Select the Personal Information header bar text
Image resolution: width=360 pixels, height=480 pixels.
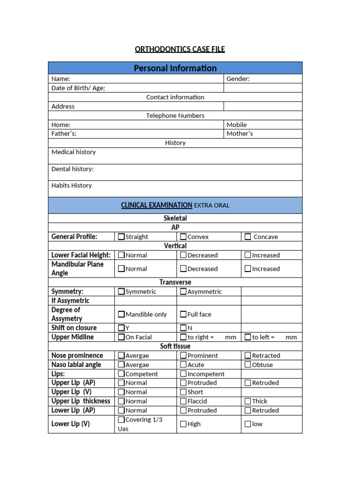coord(175,68)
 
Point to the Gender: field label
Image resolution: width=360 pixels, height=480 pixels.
coord(238,79)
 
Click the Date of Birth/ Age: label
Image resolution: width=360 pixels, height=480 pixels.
coord(78,88)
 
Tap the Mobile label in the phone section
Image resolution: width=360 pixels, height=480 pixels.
coord(236,125)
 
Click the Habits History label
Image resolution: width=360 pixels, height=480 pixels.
coord(72,186)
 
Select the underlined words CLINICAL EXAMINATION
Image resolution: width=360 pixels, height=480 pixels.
coord(157,205)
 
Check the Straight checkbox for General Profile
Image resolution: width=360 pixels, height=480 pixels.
coord(121,237)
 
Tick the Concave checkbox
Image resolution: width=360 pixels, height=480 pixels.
coord(247,237)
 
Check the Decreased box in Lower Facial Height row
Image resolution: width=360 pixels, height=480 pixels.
coord(183,255)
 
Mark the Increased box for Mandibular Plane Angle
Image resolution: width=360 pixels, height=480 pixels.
coord(248,269)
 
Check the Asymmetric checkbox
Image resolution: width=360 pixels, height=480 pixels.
coord(183,292)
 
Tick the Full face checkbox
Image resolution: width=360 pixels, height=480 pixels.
coord(183,314)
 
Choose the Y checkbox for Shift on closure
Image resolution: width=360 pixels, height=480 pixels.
coord(121,328)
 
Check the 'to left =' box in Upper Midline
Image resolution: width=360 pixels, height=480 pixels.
coord(248,337)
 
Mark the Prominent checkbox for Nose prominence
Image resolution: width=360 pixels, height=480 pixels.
coord(183,355)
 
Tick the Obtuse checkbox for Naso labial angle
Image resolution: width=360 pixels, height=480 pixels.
coord(248,365)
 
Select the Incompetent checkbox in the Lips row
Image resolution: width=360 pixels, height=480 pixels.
coord(183,374)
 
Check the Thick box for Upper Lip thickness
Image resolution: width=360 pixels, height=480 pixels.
coord(248,401)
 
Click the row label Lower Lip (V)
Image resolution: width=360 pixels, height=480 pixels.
coord(70,424)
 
